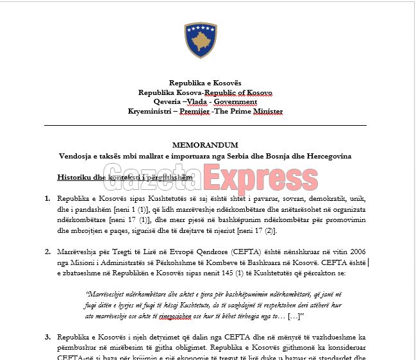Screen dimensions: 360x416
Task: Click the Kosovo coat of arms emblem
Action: (200, 40)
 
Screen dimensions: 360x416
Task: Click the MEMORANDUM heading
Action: (205, 146)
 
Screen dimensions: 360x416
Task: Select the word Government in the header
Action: (235, 102)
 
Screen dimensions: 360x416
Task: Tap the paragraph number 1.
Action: (48, 199)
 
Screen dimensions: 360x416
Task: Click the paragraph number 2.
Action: (48, 252)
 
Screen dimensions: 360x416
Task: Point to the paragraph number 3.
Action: (48, 337)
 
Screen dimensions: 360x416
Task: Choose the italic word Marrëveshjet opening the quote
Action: (107, 294)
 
